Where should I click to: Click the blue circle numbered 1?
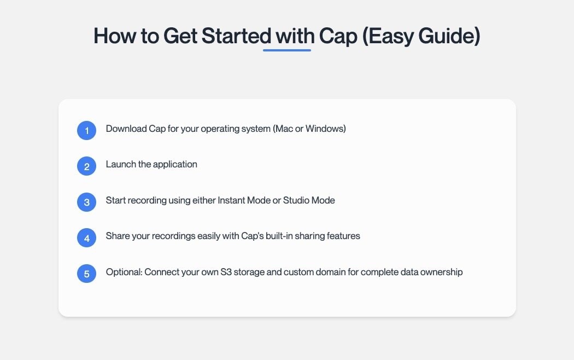click(86, 130)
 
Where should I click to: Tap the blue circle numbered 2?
click(86, 166)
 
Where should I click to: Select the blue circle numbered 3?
click(86, 202)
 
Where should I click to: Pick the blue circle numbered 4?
click(86, 237)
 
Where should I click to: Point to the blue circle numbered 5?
click(86, 274)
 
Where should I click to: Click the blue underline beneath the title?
click(287, 50)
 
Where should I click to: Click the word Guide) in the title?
click(449, 36)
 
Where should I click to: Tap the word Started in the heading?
click(236, 36)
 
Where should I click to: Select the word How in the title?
click(115, 36)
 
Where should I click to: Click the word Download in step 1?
click(126, 129)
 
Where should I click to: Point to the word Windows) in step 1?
click(326, 129)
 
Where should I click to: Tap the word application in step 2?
click(175, 165)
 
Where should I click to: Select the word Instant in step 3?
click(231, 200)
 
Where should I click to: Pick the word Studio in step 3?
click(296, 200)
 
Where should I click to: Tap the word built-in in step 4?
click(279, 236)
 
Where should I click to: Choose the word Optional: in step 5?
click(124, 272)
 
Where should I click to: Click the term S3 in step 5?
click(226, 272)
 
